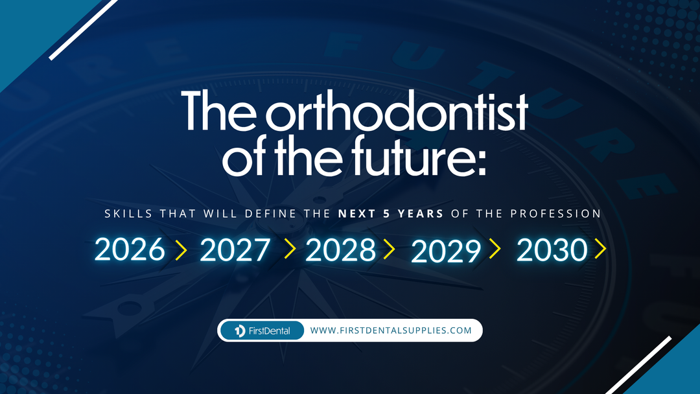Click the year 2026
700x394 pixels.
[130, 250]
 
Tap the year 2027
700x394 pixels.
[235, 250]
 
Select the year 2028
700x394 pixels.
[340, 250]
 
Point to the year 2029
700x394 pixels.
[446, 251]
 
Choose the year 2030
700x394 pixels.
[552, 250]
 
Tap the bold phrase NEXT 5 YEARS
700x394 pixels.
[391, 213]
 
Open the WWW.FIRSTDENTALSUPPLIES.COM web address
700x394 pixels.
[391, 330]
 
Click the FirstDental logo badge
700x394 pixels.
[262, 330]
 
